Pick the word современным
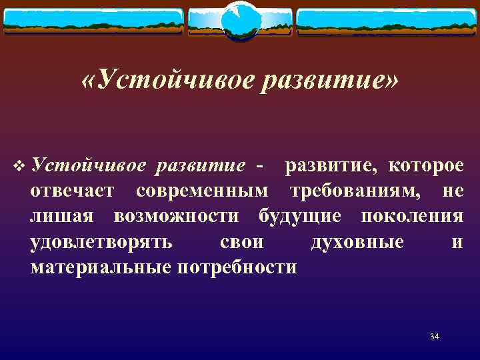pyautogui.click(x=203, y=191)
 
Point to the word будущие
pyautogui.click(x=300, y=217)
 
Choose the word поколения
pyautogui.click(x=411, y=217)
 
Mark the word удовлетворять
pyautogui.click(x=101, y=242)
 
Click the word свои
pyautogui.click(x=241, y=242)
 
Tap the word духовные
pyautogui.click(x=357, y=242)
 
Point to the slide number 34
pyautogui.click(x=435, y=337)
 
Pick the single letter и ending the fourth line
pyautogui.click(x=457, y=242)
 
